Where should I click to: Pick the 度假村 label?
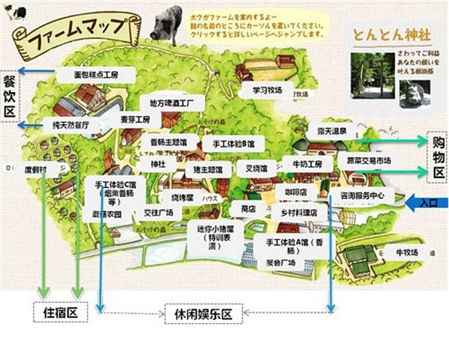pyautogui.click(x=34, y=170)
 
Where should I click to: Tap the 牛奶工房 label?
pyautogui.click(x=306, y=164)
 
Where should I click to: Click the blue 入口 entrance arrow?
pyautogui.click(x=424, y=202)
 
